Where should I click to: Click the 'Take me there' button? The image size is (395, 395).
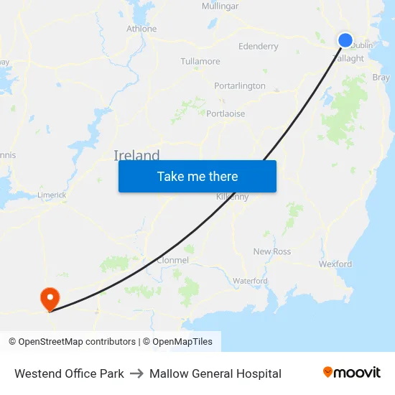point(197,176)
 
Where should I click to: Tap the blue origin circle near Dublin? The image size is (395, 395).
point(345,40)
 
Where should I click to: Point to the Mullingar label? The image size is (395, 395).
point(220,6)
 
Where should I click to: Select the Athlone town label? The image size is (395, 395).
point(141,29)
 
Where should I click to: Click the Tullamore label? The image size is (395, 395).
point(200,61)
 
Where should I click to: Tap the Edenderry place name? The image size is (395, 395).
point(258,47)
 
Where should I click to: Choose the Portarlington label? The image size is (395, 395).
point(240,86)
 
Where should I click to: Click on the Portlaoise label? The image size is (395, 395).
point(226,113)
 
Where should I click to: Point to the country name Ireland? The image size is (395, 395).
point(136,156)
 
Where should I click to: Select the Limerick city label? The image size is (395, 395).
point(52,195)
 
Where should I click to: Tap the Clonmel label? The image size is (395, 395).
point(172,260)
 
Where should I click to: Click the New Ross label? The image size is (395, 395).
point(272,251)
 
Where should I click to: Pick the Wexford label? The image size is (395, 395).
point(335,264)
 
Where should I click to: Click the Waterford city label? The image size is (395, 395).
point(250,281)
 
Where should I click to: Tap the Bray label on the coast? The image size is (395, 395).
point(381,78)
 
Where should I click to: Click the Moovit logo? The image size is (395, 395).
point(351,373)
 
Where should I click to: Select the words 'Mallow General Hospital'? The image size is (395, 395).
point(215,373)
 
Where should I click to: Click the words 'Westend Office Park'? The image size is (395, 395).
point(69,373)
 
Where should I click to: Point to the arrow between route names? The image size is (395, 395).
point(136,373)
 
